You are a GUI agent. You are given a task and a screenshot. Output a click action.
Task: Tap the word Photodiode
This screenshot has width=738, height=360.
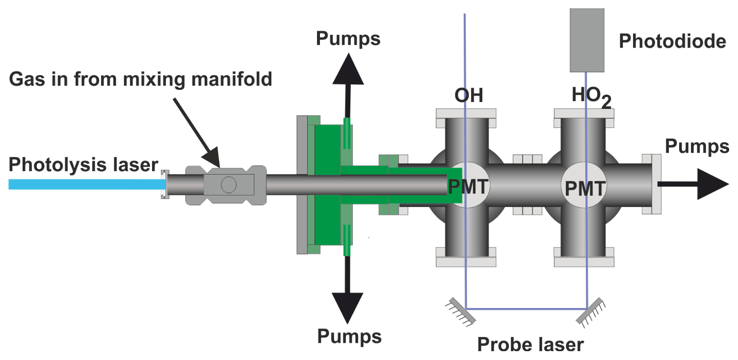coord(672,42)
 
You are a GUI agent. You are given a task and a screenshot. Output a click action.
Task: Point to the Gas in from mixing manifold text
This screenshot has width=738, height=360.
coord(141,78)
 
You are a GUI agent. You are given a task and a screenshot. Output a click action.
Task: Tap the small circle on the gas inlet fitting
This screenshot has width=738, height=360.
coord(229,184)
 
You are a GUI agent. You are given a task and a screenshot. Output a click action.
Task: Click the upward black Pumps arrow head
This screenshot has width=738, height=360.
coord(348,68)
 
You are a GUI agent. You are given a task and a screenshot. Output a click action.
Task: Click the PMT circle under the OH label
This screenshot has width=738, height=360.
coord(468,187)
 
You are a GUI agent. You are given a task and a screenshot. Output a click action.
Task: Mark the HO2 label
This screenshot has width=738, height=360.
coord(592,97)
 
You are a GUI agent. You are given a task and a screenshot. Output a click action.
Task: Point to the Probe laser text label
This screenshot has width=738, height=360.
coord(530,344)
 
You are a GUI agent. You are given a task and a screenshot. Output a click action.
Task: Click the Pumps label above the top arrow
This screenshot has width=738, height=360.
coord(348,38)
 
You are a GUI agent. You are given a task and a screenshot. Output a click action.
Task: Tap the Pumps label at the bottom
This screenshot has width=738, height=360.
coord(349,336)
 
